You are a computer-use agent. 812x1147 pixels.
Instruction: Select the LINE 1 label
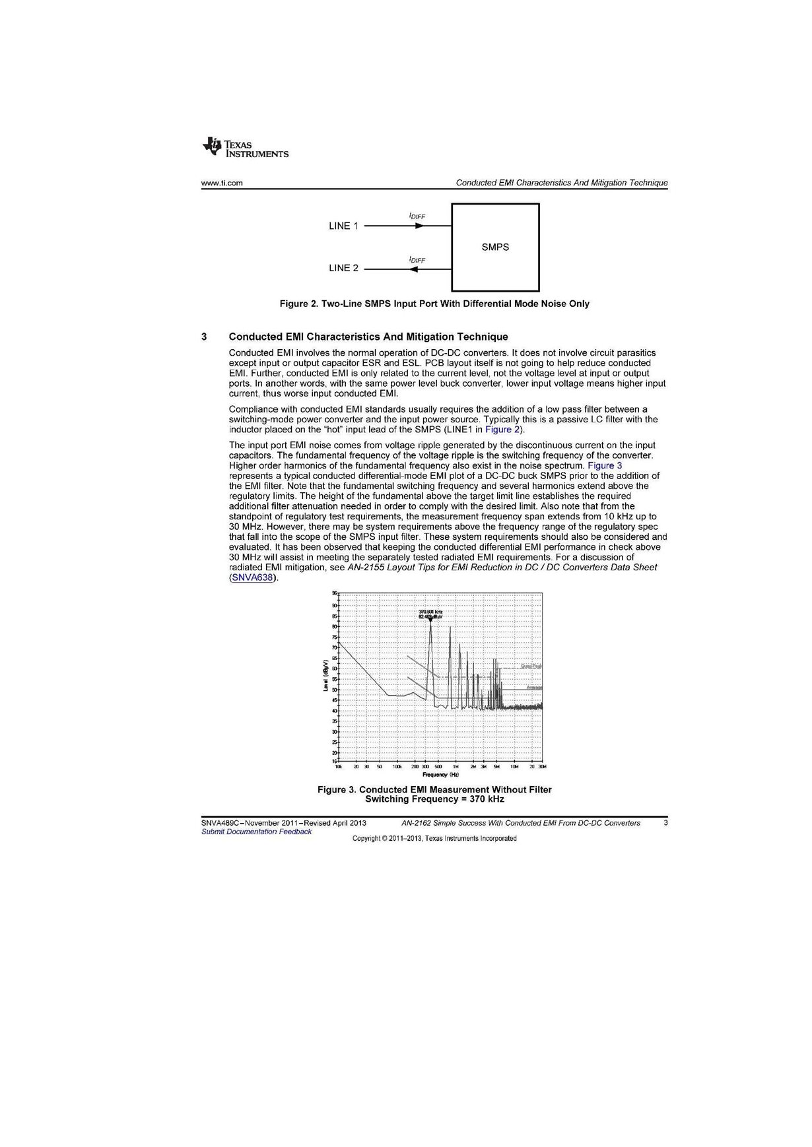343,226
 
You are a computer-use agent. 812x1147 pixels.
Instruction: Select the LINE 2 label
343,268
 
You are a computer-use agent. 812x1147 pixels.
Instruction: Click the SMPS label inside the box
495,247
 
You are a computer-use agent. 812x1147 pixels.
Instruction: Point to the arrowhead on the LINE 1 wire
419,226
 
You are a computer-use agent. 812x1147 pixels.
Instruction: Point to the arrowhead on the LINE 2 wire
414,269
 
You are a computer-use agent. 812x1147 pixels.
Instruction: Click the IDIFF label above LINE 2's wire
417,260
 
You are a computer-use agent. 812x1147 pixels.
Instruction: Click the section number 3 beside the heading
205,337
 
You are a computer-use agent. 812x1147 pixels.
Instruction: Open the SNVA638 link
251,578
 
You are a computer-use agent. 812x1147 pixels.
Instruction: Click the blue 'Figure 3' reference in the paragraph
605,465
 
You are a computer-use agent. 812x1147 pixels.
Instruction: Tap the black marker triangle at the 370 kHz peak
430,619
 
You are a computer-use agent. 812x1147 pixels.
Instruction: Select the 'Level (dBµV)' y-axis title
325,676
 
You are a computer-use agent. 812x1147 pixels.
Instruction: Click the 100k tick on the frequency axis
397,767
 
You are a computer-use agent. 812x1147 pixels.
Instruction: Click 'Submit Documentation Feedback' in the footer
256,832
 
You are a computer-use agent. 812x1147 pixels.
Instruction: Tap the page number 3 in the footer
665,823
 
